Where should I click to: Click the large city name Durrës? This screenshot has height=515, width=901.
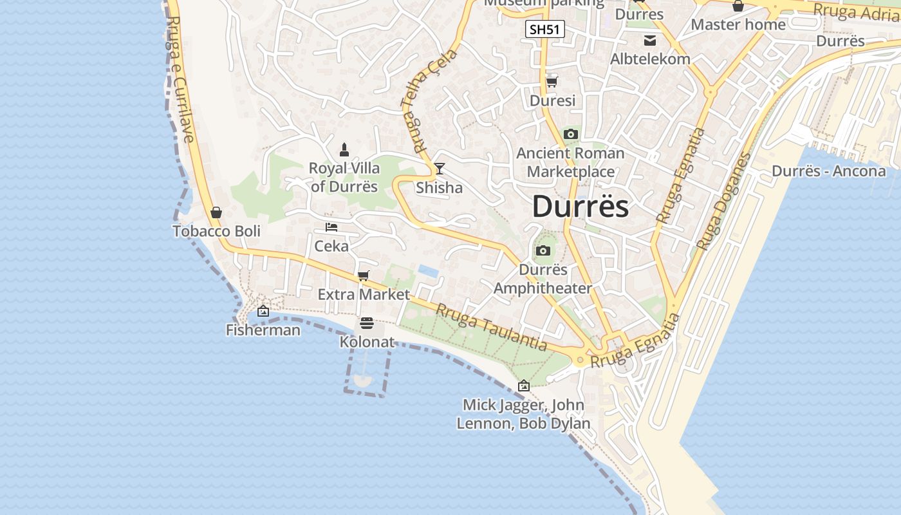pyautogui.click(x=581, y=207)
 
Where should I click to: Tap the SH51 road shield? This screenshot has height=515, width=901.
pyautogui.click(x=544, y=29)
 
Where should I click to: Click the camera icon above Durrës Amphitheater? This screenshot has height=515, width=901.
pyautogui.click(x=543, y=251)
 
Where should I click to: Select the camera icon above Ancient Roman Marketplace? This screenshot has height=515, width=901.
pyautogui.click(x=570, y=135)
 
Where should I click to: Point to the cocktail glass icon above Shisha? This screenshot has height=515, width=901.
pyautogui.click(x=440, y=169)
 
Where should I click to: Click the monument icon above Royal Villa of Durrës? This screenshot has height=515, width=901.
pyautogui.click(x=344, y=150)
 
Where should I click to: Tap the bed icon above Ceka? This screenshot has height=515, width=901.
pyautogui.click(x=331, y=227)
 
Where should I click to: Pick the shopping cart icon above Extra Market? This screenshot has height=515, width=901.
pyautogui.click(x=364, y=276)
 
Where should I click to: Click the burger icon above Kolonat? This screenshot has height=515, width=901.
pyautogui.click(x=367, y=323)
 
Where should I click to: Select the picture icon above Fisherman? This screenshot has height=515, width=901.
pyautogui.click(x=263, y=312)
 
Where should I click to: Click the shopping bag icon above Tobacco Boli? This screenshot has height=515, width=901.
pyautogui.click(x=216, y=212)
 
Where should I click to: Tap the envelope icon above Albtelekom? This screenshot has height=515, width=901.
pyautogui.click(x=650, y=41)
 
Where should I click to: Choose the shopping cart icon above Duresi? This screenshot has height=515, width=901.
pyautogui.click(x=552, y=82)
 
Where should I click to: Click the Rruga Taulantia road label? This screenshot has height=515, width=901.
pyautogui.click(x=491, y=327)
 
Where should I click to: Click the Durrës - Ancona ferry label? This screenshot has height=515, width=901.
pyautogui.click(x=828, y=171)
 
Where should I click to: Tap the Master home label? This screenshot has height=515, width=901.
pyautogui.click(x=738, y=24)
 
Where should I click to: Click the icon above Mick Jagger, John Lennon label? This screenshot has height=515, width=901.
pyautogui.click(x=524, y=386)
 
